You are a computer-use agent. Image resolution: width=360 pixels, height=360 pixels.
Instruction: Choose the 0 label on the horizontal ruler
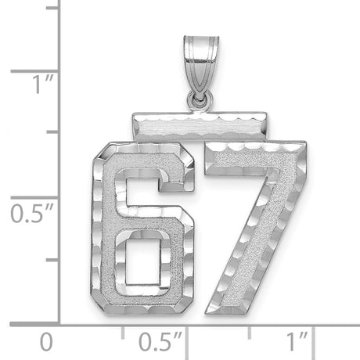coord(48,341)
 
